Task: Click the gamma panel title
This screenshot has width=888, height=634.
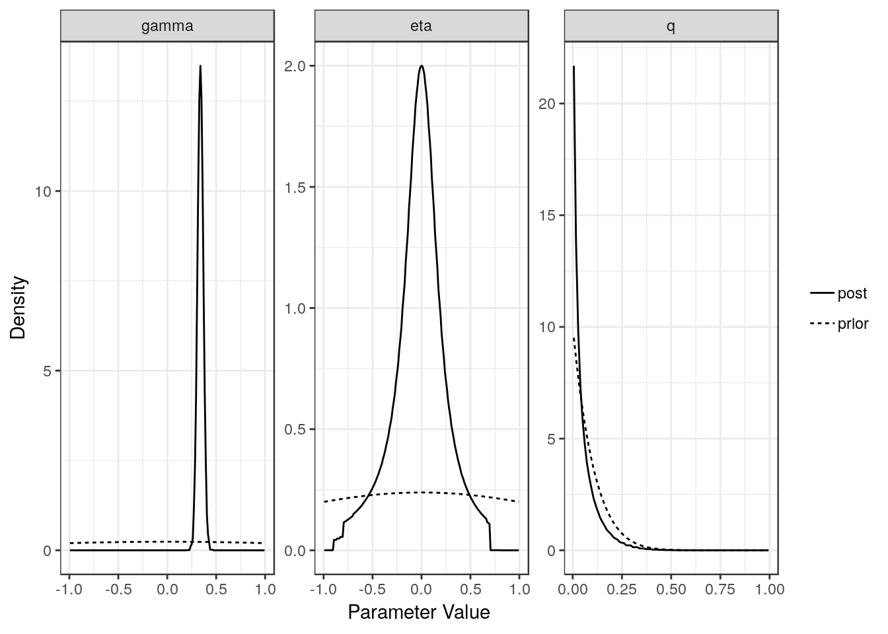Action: click(167, 26)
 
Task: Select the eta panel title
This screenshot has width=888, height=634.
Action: click(421, 26)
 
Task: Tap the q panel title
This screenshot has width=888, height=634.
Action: click(671, 26)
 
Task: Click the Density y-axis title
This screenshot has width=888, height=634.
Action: click(18, 308)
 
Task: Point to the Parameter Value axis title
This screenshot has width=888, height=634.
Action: click(419, 613)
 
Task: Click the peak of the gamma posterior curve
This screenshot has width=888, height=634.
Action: click(200, 66)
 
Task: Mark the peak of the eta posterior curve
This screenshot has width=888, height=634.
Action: click(421, 65)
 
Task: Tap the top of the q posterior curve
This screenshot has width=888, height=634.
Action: click(573, 67)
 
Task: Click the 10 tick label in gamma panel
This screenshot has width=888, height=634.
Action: click(44, 192)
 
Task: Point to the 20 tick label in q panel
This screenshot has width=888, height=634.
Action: click(548, 104)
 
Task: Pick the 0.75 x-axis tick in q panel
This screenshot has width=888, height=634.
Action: click(720, 588)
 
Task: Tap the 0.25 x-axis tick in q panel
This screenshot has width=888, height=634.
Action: click(622, 588)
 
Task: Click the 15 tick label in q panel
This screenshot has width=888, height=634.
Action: click(548, 215)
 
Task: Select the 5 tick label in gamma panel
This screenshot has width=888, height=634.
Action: click(48, 371)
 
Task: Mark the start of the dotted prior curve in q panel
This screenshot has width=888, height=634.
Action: click(573, 338)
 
